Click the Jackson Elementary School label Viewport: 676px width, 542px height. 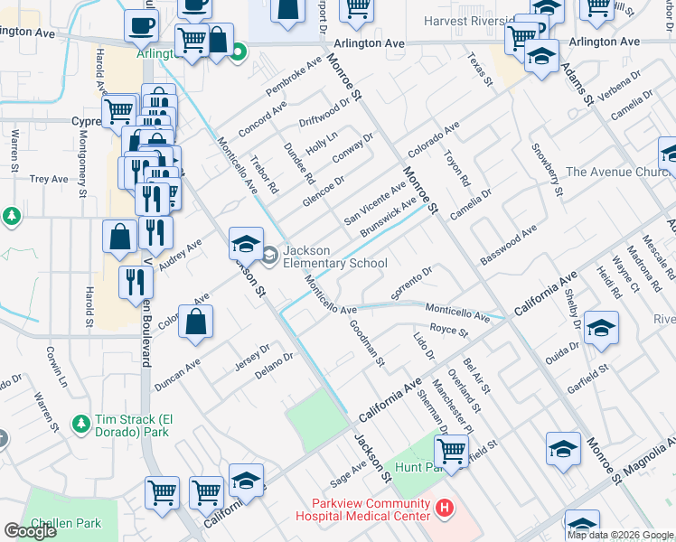[335, 257]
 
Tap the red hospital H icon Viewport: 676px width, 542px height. [444, 509]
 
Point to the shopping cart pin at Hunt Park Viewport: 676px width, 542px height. [450, 449]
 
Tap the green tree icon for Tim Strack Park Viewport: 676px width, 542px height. [81, 423]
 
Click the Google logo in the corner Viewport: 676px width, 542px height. [30, 531]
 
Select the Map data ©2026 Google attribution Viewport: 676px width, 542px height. [619, 535]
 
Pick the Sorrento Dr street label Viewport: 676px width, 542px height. [414, 283]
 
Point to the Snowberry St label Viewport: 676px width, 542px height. [548, 170]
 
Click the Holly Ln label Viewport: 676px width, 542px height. [321, 143]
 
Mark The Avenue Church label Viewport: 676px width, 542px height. [616, 172]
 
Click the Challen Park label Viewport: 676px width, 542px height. [61, 524]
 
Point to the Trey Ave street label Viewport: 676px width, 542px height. [49, 179]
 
